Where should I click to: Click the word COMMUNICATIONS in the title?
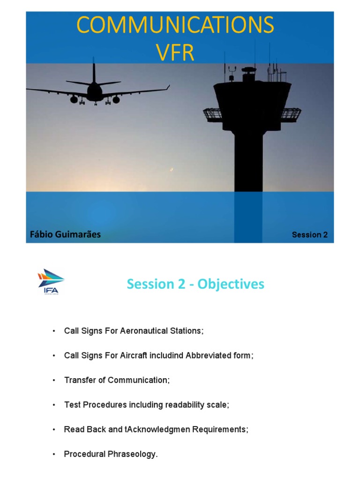(175, 25)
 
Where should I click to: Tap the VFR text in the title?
(175, 53)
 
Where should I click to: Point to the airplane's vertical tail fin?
(94, 73)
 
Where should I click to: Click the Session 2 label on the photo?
(309, 235)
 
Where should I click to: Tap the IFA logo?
(51, 282)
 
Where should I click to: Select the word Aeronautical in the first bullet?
(149, 331)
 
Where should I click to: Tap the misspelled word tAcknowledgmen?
(164, 429)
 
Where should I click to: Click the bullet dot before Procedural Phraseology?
(54, 454)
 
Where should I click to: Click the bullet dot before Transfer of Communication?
(54, 380)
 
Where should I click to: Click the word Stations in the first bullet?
(187, 331)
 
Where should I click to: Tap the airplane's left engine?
(74, 99)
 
